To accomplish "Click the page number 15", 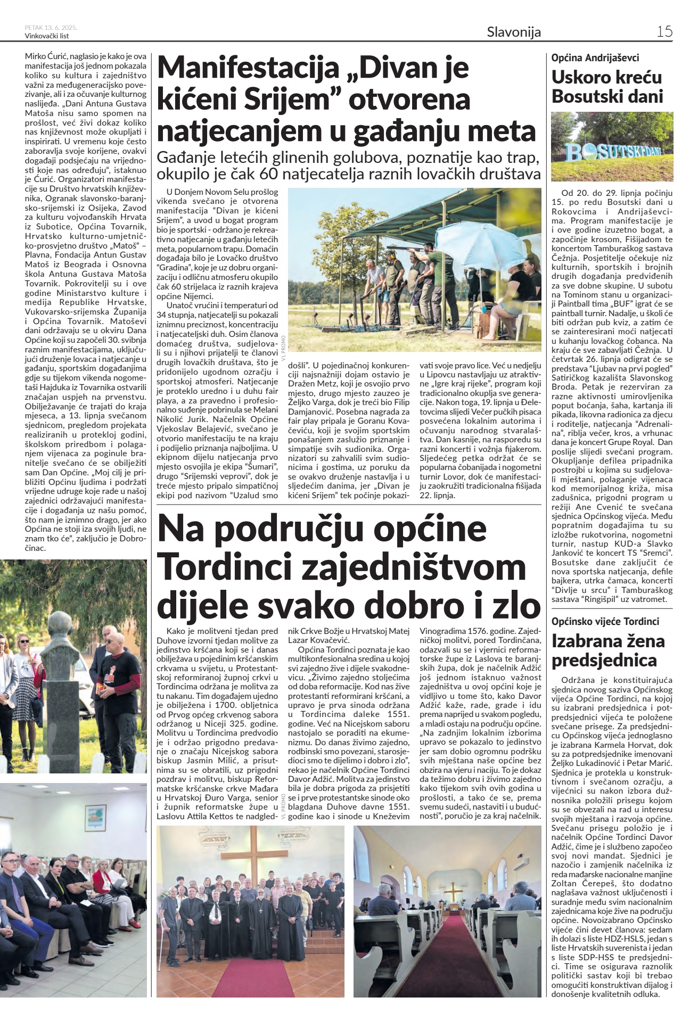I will [x=664, y=31].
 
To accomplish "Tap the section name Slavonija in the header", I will [x=513, y=32].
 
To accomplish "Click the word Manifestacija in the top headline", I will [x=249, y=68].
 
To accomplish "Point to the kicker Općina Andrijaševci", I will [x=595, y=57].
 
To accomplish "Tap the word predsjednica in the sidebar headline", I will [x=604, y=661].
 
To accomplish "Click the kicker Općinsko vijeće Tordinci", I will [x=605, y=621].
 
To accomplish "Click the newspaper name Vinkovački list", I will [x=47, y=36].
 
